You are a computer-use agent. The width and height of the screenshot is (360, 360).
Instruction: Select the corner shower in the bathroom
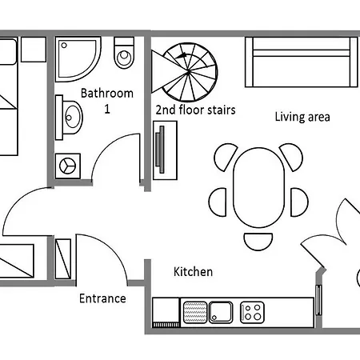(x=78, y=56)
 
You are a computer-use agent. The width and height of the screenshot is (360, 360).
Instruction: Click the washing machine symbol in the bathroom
(x=67, y=164)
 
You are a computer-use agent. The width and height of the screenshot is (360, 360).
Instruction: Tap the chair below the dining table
(x=258, y=240)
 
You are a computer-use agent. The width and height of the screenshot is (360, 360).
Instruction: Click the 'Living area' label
(x=302, y=117)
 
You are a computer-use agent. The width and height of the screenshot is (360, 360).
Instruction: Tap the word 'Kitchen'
(x=194, y=272)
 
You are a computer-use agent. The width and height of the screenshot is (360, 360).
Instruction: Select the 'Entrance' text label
(x=102, y=298)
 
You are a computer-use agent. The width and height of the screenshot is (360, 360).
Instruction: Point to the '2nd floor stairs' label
(x=195, y=110)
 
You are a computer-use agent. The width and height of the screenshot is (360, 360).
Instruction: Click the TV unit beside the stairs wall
(x=162, y=154)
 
